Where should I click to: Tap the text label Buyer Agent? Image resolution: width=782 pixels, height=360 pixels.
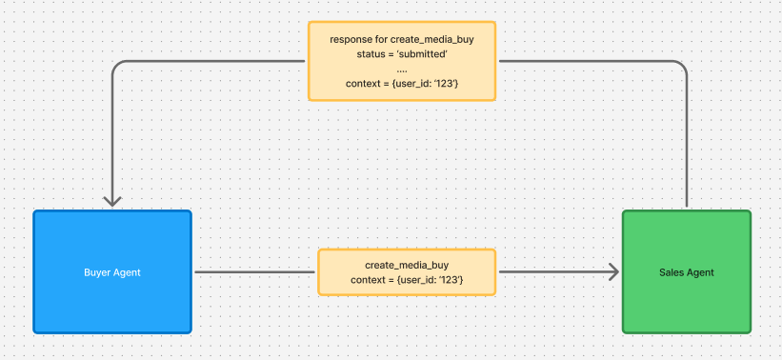(x=112, y=272)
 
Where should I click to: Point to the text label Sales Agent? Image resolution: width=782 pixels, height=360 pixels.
(x=686, y=272)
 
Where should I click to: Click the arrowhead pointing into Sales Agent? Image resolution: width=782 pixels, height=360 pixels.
(x=612, y=272)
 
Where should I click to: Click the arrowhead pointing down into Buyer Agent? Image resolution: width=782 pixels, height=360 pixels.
(x=113, y=199)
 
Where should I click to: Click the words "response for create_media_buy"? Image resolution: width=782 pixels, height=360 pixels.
(x=402, y=39)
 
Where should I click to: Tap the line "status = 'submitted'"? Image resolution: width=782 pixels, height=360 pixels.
(x=402, y=54)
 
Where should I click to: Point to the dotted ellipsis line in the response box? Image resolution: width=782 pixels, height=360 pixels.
(x=402, y=70)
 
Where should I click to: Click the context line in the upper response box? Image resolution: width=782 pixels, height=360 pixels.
(x=402, y=85)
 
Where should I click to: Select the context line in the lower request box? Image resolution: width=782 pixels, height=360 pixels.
(x=407, y=279)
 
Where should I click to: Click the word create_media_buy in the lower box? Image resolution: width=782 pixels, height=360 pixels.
(x=407, y=264)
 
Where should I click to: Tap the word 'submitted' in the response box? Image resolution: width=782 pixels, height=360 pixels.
(x=422, y=54)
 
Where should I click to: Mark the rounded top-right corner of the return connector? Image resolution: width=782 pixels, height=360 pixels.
(x=682, y=66)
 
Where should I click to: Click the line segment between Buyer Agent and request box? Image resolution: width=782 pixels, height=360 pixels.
(x=254, y=272)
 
